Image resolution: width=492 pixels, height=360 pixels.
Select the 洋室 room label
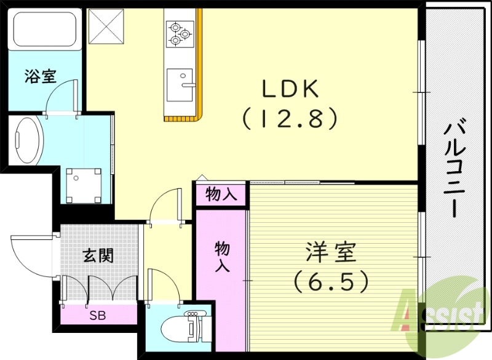(331, 253)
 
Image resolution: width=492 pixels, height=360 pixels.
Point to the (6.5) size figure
(331, 282)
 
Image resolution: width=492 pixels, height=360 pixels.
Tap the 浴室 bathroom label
(41, 76)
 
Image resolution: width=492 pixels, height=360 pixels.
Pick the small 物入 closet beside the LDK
(221, 195)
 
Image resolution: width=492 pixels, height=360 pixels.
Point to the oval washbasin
(27, 140)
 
